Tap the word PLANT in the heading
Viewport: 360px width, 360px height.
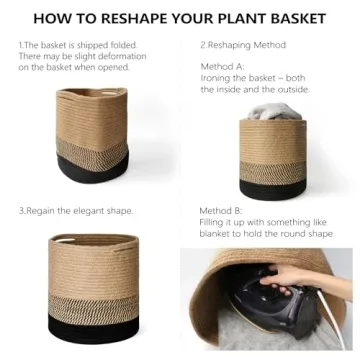pyautogui.click(x=242, y=18)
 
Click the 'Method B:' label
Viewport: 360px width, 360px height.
pyautogui.click(x=223, y=212)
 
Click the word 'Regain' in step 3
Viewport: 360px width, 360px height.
pyautogui.click(x=41, y=212)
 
